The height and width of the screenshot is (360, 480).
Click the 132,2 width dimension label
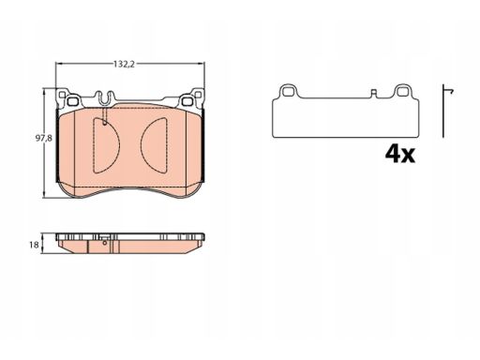[124, 64]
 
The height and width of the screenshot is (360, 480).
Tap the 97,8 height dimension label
[43, 138]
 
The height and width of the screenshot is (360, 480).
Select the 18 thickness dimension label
[34, 245]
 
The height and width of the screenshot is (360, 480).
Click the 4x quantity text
[400, 154]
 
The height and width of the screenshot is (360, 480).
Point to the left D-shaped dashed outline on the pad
[106, 145]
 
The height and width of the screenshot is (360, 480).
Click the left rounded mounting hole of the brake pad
[72, 101]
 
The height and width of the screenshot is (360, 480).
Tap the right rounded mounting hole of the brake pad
[187, 101]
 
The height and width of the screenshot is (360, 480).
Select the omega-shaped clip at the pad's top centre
[105, 97]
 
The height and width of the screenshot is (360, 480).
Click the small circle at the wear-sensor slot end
[105, 124]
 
